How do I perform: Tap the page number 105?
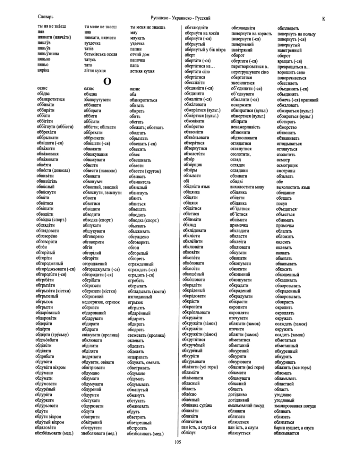tap(178, 441)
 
